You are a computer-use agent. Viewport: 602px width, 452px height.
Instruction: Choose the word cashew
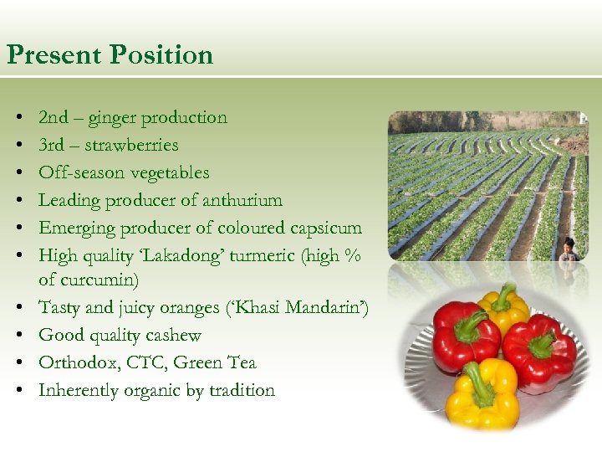point(172,335)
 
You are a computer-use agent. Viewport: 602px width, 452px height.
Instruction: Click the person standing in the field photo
point(570,249)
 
